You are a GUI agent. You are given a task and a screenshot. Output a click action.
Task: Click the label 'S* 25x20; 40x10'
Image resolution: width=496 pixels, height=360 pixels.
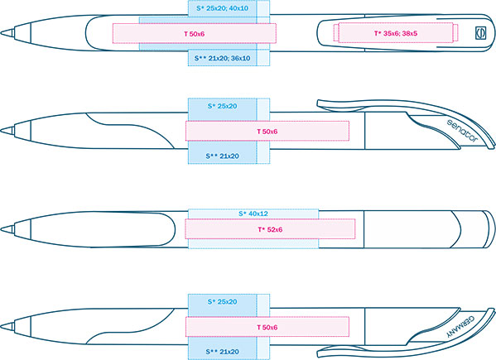point(223,8)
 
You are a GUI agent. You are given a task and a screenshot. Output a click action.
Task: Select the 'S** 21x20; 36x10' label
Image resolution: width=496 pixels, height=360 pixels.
point(223,58)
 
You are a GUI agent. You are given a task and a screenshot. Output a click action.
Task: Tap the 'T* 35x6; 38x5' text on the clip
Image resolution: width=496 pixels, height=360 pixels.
point(396,33)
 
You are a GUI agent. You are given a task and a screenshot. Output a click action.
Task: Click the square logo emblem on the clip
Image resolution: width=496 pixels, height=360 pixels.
point(481,33)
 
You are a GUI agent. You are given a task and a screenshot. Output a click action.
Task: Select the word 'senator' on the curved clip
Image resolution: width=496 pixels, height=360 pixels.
point(462,131)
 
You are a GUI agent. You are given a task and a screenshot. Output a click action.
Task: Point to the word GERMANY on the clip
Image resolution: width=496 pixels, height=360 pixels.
point(460,327)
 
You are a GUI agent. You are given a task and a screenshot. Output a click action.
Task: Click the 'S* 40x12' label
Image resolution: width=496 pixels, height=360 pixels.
point(253,214)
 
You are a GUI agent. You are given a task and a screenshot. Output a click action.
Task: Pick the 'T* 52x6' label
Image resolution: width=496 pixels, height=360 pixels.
point(270,229)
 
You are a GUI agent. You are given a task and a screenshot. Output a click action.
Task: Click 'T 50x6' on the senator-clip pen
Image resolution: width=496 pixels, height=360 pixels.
point(267,132)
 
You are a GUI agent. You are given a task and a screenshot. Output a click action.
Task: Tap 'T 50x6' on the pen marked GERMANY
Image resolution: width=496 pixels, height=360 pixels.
point(267,327)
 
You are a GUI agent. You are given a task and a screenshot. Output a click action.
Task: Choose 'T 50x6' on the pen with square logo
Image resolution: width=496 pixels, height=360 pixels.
point(195,34)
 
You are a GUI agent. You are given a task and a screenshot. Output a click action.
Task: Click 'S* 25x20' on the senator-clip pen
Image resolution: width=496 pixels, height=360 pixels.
point(223,106)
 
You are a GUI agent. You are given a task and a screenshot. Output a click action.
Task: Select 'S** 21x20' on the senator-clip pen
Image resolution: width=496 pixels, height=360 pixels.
point(223,156)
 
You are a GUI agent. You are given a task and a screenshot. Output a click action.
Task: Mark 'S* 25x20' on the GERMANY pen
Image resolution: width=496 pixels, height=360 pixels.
point(223,301)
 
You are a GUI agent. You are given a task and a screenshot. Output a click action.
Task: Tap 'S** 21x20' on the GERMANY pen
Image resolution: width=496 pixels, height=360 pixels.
point(223,352)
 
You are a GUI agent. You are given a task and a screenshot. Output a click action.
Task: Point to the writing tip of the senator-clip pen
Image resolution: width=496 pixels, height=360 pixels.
point(2,130)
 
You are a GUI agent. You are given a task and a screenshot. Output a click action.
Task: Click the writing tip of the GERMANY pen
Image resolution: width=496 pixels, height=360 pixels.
point(2,326)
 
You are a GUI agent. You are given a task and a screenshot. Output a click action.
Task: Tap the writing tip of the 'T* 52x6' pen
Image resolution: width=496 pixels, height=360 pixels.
point(2,229)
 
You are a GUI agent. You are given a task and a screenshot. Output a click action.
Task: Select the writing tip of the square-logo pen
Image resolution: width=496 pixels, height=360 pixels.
point(2,32)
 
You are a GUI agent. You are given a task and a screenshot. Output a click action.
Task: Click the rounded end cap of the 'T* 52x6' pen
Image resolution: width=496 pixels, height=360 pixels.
point(489,229)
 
